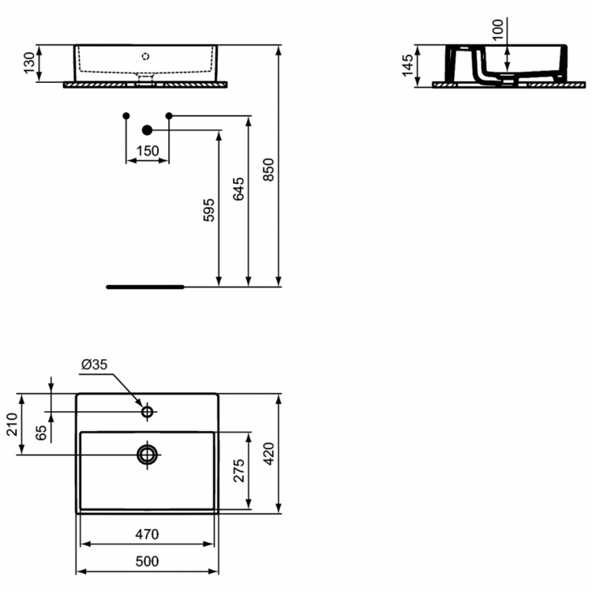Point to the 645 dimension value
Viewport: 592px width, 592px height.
(239, 189)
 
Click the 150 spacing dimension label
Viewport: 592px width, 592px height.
(147, 151)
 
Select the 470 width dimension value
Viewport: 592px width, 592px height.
(147, 534)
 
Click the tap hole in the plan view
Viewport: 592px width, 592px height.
(147, 411)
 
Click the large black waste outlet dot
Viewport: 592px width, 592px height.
(147, 129)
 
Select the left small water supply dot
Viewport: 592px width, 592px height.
(126, 116)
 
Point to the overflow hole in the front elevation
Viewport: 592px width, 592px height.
(145, 56)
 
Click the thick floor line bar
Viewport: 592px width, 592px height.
(145, 287)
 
